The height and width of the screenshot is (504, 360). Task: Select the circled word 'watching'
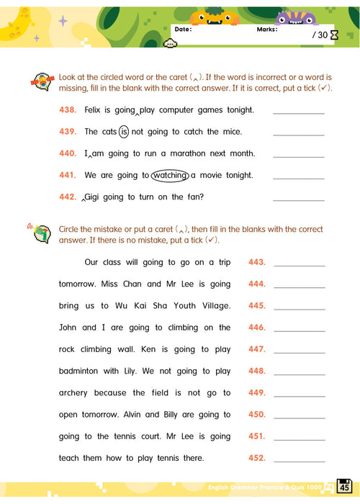tap(170, 175)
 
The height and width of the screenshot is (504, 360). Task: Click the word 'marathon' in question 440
tap(190, 153)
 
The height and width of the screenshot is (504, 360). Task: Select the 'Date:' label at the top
tap(183, 30)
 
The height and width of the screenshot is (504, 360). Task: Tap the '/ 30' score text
tap(320, 35)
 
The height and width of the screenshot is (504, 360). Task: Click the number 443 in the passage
tap(257, 263)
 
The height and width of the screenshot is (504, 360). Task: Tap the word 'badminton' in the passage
tap(80, 372)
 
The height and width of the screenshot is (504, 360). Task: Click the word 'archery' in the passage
tap(74, 393)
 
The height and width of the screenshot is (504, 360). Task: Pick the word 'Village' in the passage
tap(212, 306)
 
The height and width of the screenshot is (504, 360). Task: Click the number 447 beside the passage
tap(257, 350)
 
